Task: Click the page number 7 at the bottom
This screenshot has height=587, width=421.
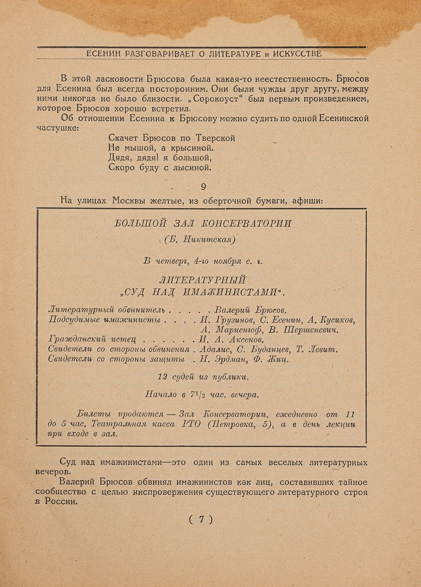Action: pyautogui.click(x=201, y=519)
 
